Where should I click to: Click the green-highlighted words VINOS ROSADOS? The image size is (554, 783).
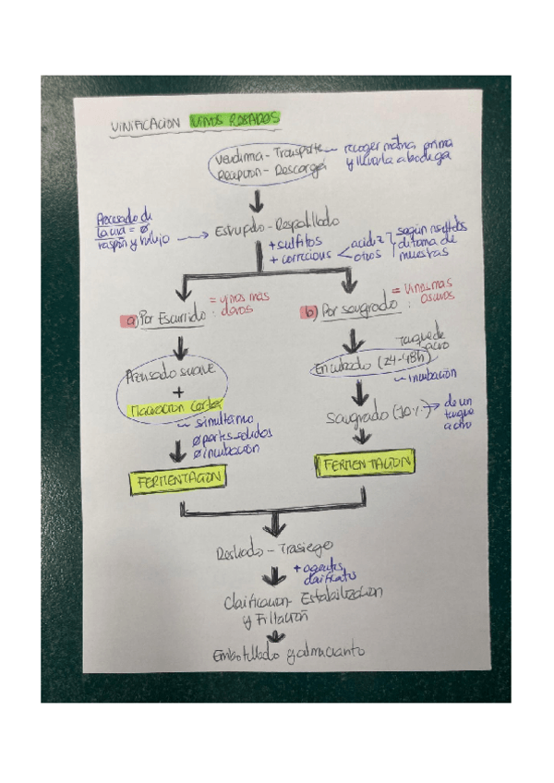pos(235,119)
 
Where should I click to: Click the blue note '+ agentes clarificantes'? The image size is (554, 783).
pos(319,573)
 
